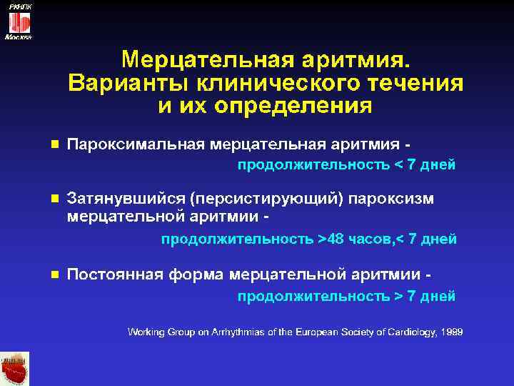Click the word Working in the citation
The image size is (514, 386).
(x=146, y=332)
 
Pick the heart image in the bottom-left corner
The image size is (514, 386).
(x=14, y=369)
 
